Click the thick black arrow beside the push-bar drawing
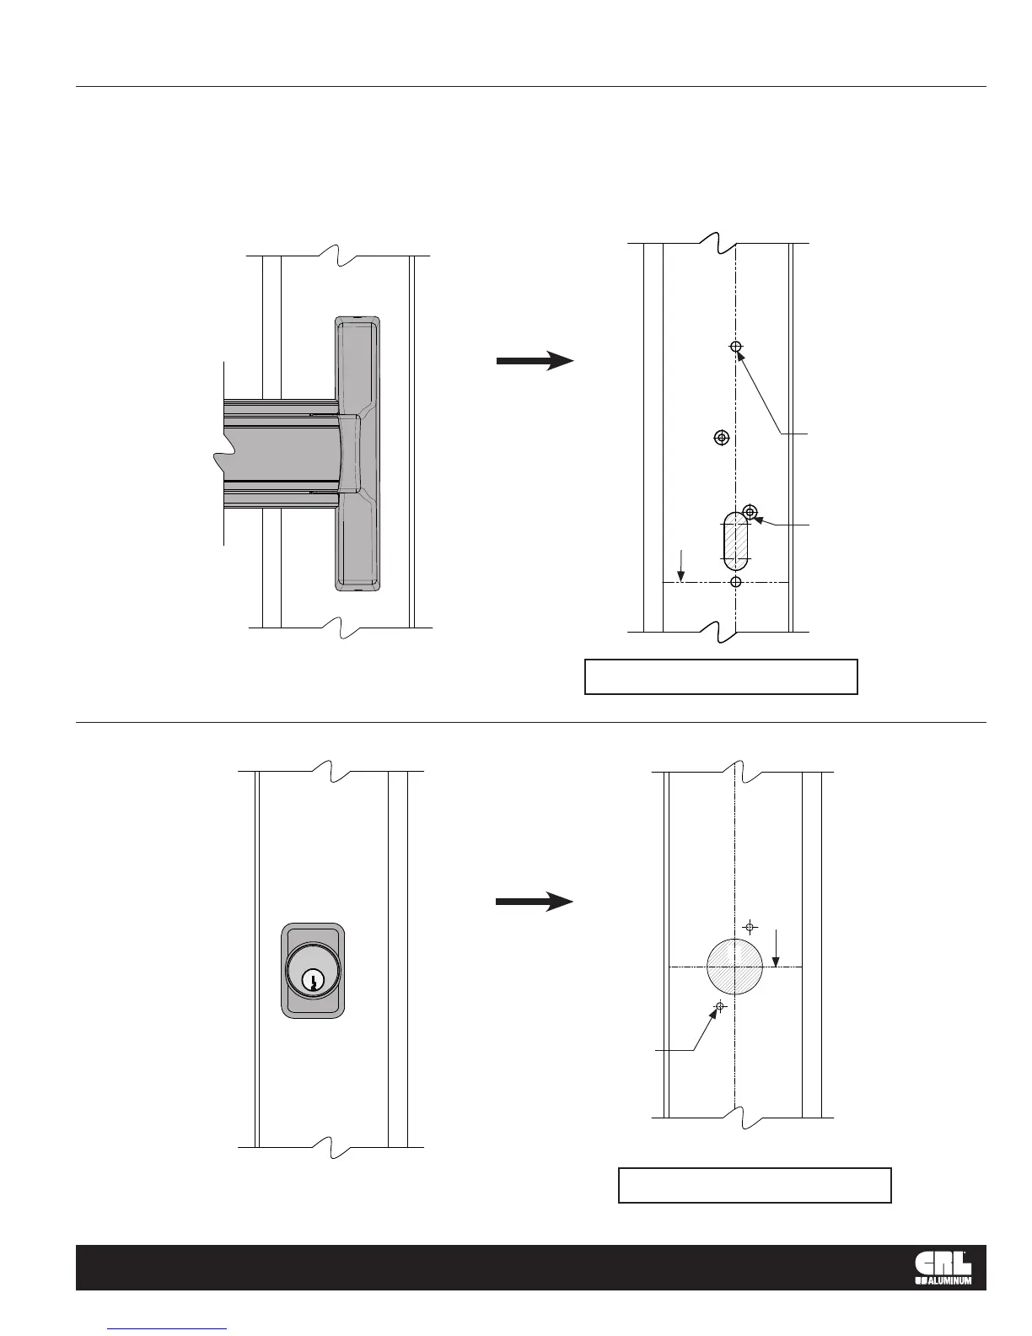(535, 361)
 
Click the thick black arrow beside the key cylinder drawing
(535, 902)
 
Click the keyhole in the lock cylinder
(313, 982)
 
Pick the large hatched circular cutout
(734, 967)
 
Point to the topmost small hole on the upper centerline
(736, 347)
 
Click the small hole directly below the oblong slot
(736, 582)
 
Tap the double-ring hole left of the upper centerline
(721, 437)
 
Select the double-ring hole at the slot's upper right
(750, 511)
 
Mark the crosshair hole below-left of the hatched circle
(720, 1006)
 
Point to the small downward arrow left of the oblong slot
(683, 565)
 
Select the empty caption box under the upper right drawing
(721, 676)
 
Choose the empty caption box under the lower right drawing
(755, 1185)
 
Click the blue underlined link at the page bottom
(168, 1328)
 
